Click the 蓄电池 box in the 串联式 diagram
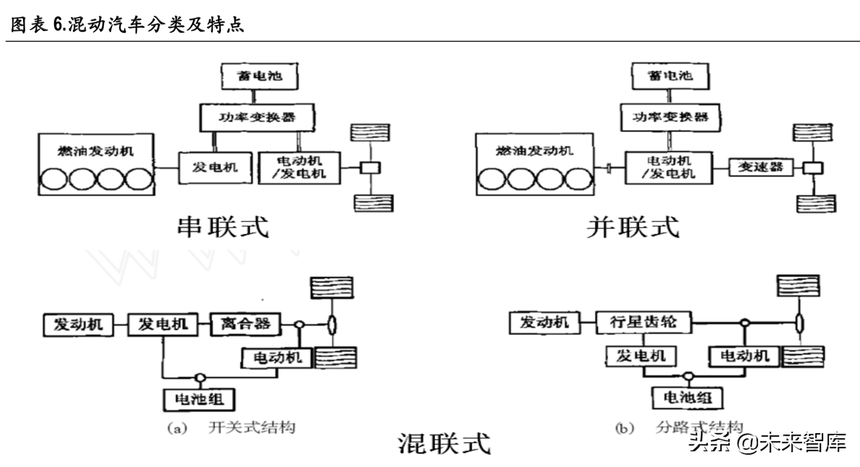(259, 76)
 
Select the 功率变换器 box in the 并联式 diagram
(670, 118)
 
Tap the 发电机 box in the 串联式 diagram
(215, 168)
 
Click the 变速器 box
(760, 167)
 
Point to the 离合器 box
(245, 324)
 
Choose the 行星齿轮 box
(643, 323)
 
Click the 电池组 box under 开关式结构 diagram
(199, 399)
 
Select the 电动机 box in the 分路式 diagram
(744, 356)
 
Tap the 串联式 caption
(223, 227)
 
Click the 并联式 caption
(633, 227)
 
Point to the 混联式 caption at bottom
(444, 443)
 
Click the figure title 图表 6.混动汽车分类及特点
(127, 24)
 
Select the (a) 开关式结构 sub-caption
(232, 428)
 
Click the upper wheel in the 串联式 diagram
(370, 133)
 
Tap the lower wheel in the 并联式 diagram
(816, 203)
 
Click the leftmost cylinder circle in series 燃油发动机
(53, 179)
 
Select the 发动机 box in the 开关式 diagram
(78, 325)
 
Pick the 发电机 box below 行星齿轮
(641, 356)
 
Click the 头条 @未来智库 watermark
(767, 442)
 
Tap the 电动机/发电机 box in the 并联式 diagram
(668, 168)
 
